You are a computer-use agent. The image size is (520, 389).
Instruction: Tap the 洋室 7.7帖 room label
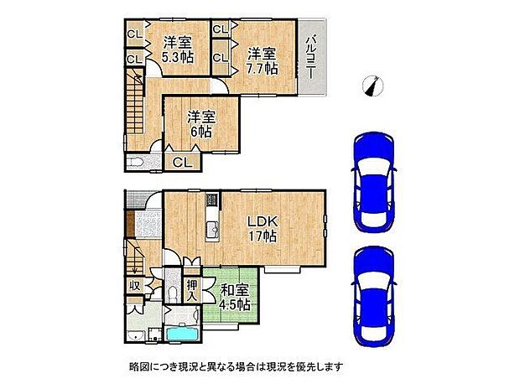click(x=261, y=60)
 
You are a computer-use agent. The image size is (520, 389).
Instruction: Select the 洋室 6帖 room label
click(x=199, y=123)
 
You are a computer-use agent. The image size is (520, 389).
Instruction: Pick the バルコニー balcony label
click(x=311, y=60)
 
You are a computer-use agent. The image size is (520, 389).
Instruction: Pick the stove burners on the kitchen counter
click(x=211, y=201)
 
